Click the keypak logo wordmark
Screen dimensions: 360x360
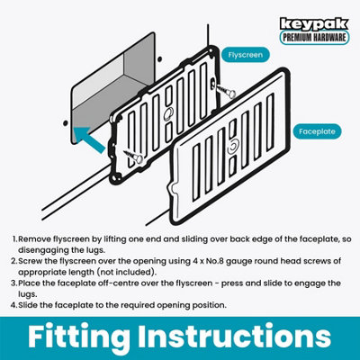[x=314, y=24]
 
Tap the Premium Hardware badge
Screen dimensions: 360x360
[x=314, y=38]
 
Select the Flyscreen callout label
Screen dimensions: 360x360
[x=246, y=55]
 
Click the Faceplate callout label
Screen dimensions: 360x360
[x=317, y=131]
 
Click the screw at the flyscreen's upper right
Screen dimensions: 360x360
[x=226, y=91]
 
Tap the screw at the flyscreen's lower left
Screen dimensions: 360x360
[x=133, y=156]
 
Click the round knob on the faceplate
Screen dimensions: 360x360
[x=233, y=147]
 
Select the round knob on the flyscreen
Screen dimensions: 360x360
[x=168, y=113]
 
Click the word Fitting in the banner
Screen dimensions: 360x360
[x=79, y=337]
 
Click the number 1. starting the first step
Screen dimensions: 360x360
[x=15, y=239]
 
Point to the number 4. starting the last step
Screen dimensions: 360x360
[x=14, y=305]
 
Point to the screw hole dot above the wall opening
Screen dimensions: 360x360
[x=160, y=58]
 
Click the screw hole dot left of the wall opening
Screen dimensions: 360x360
[x=65, y=122]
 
